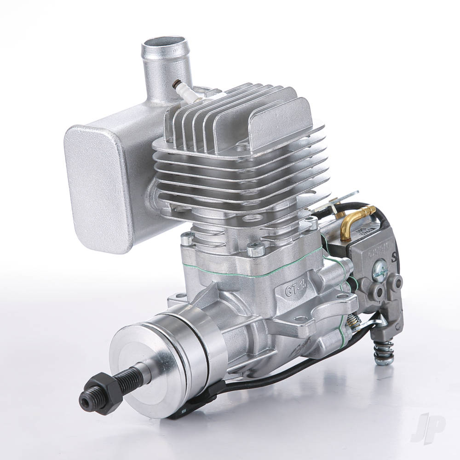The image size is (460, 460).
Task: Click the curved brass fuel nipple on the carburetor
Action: pyautogui.click(x=356, y=217)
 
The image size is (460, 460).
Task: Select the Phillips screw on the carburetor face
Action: pyautogui.click(x=381, y=269)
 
